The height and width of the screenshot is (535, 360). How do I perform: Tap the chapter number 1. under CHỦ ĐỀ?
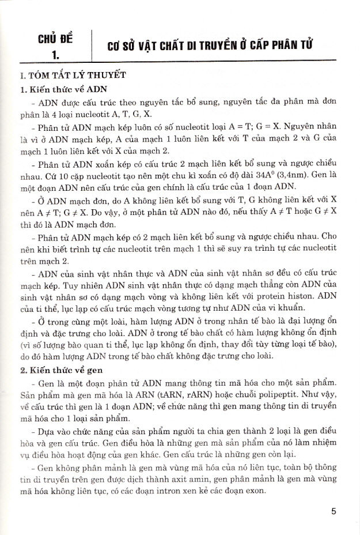pos(55,55)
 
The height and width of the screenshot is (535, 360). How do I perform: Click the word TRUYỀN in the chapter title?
pos(209,46)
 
